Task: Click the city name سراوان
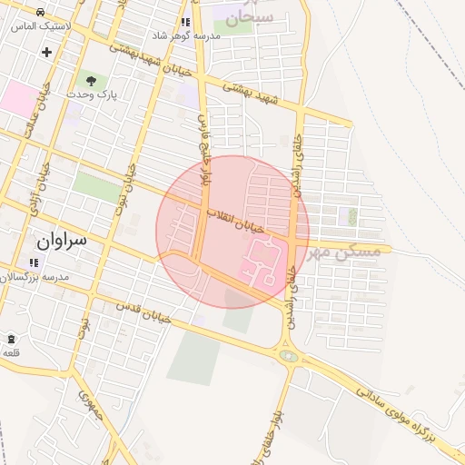(x=62, y=241)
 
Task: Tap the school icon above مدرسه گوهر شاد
(x=185, y=22)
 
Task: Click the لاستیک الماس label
(x=36, y=25)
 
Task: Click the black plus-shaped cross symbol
(x=46, y=52)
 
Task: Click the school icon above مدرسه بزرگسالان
(x=34, y=263)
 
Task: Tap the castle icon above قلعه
(x=10, y=338)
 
